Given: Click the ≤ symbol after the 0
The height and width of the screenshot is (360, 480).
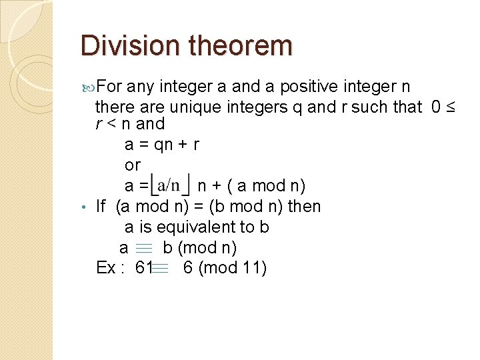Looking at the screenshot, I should click(449, 106).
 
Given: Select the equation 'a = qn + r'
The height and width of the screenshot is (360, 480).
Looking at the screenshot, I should click(162, 144).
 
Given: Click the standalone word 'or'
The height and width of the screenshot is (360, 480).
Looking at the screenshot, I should click(133, 164).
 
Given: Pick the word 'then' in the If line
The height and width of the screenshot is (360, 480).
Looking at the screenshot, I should click(304, 206).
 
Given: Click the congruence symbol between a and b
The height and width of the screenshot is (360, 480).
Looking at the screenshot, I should click(143, 248).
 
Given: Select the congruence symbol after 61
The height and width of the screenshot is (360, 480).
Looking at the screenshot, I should click(160, 268).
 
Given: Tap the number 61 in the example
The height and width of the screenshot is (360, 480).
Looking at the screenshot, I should click(143, 268).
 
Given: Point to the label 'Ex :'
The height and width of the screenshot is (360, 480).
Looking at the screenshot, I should click(109, 268).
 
